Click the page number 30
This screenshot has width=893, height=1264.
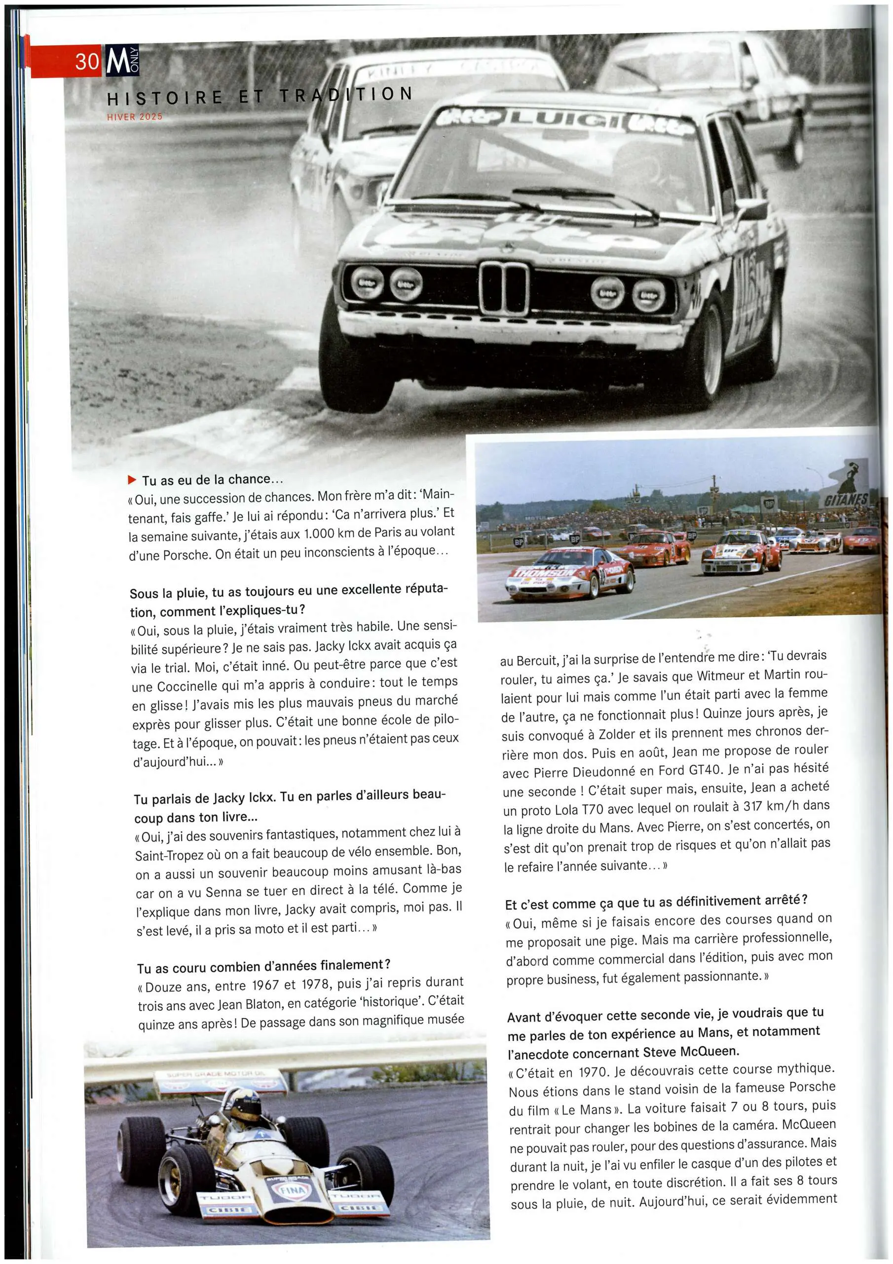click(87, 61)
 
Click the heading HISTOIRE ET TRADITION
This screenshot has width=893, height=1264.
click(260, 96)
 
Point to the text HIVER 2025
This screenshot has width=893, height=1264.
click(135, 117)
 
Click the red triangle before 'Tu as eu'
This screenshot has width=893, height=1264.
click(132, 479)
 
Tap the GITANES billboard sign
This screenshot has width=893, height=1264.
click(846, 499)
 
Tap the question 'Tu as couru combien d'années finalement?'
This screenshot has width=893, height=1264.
click(264, 966)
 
